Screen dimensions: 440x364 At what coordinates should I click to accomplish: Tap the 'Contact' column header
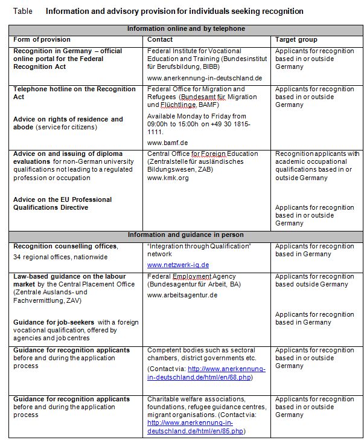pyautogui.click(x=159, y=39)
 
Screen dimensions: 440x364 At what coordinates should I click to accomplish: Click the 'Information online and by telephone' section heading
pyautogui.click(x=185, y=29)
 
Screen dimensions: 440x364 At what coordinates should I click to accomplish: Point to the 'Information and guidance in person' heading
pyautogui.click(x=185, y=235)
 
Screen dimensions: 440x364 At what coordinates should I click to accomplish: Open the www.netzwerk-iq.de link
pyautogui.click(x=177, y=265)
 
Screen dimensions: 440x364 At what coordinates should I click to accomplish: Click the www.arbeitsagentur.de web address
pyautogui.click(x=182, y=295)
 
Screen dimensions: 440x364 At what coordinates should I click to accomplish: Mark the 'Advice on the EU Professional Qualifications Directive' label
pyautogui.click(x=62, y=204)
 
